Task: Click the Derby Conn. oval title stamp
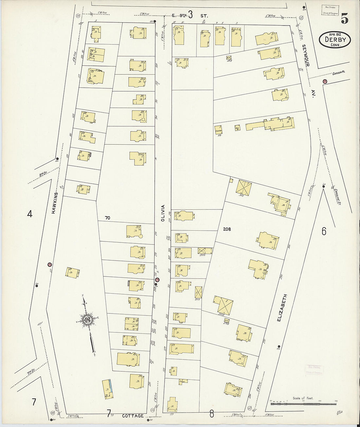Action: pos(335,40)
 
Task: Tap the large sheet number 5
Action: pos(344,19)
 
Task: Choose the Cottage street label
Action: pos(133,416)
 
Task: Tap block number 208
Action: pos(227,229)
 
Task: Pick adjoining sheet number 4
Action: pos(30,214)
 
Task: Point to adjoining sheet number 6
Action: pos(324,231)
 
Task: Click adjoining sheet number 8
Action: pos(212,414)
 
